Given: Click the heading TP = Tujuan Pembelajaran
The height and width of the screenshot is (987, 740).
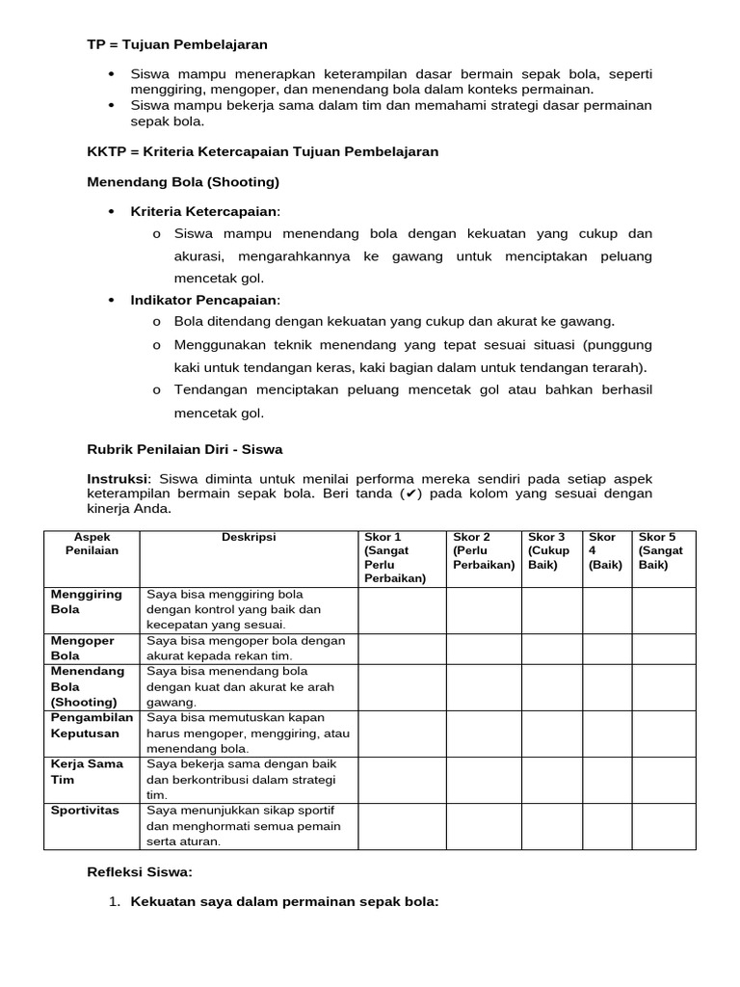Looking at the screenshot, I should click(x=177, y=44).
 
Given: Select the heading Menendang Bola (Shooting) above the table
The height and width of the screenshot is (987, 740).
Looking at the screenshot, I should click(x=183, y=181).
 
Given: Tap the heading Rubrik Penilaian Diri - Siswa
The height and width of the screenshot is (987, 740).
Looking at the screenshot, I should click(x=185, y=449).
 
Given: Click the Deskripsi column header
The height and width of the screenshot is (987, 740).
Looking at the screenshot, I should click(x=249, y=538).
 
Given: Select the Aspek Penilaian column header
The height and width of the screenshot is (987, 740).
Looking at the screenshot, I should click(x=92, y=545).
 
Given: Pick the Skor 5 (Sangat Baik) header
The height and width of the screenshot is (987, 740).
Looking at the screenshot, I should click(x=663, y=551).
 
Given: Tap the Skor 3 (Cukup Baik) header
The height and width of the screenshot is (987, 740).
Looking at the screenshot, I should click(x=551, y=551).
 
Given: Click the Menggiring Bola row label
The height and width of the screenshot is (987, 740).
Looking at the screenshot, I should click(x=87, y=602).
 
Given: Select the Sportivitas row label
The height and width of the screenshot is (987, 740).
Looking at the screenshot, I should click(x=85, y=811).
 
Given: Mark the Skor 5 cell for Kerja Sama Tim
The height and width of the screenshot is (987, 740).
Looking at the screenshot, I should click(x=663, y=780).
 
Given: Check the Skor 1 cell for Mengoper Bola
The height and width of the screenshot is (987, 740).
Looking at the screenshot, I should click(x=401, y=649).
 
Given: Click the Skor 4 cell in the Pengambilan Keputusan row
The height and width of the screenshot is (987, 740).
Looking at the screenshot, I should click(x=606, y=734).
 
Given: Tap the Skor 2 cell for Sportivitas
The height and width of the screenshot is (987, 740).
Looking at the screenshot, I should click(x=483, y=826).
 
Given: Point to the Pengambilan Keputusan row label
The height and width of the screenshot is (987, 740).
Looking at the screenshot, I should click(x=92, y=726).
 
